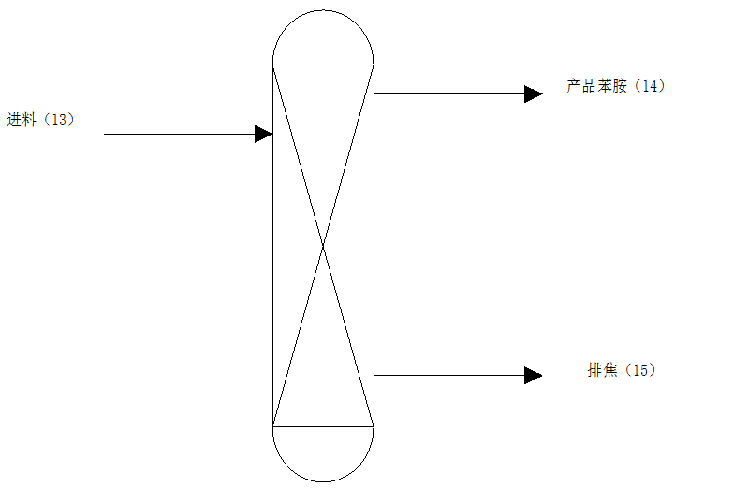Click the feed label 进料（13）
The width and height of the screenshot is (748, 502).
tap(40, 120)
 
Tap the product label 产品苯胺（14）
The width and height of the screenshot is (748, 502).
tap(615, 87)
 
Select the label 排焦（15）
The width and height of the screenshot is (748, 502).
tap(622, 370)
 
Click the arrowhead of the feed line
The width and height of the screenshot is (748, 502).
tap(264, 134)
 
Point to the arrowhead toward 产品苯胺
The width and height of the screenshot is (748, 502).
tap(534, 93)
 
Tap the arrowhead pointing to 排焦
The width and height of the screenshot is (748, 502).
tap(534, 375)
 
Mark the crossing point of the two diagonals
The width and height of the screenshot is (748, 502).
tap(323, 246)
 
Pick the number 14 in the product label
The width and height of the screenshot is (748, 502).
tap(650, 87)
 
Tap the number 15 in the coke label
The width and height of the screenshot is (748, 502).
tap(640, 370)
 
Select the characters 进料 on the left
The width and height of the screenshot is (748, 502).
tap(20, 120)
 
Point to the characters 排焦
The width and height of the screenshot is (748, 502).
tap(602, 370)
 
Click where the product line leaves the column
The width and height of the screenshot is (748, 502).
tap(374, 93)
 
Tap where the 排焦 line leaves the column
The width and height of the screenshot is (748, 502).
tap(374, 375)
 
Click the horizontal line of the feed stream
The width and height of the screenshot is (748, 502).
tap(178, 134)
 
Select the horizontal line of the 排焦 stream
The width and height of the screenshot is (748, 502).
tap(449, 375)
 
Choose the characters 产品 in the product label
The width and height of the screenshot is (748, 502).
tap(582, 87)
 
